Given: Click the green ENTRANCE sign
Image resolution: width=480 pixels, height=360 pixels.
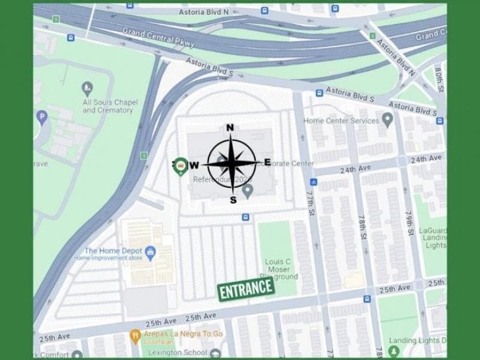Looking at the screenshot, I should tap(246, 289).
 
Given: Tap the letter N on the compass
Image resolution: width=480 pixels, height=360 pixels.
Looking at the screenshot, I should tap(230, 127).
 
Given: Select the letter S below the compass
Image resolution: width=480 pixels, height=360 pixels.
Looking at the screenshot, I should tap(233, 200).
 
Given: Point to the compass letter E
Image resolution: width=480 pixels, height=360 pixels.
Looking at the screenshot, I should tap(267, 162).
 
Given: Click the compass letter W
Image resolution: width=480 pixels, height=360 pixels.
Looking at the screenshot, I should tap(194, 165).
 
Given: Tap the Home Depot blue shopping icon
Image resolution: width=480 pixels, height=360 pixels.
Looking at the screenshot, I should tap(151, 251).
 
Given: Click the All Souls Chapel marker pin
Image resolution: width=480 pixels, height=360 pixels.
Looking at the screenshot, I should tap(88, 89).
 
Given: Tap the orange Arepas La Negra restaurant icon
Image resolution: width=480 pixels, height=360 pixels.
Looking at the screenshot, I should tap(136, 334).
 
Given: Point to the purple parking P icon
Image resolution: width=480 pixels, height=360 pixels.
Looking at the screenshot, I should tap(41, 117).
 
